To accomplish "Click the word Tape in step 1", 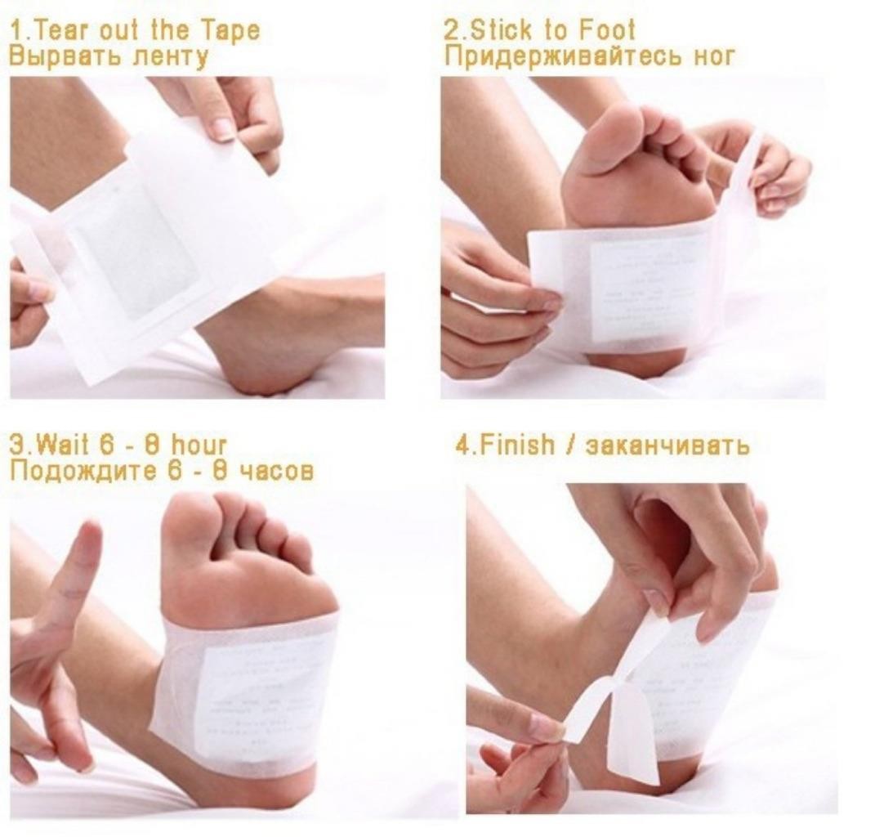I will [x=228, y=31].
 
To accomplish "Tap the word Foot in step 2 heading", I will [x=606, y=31].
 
